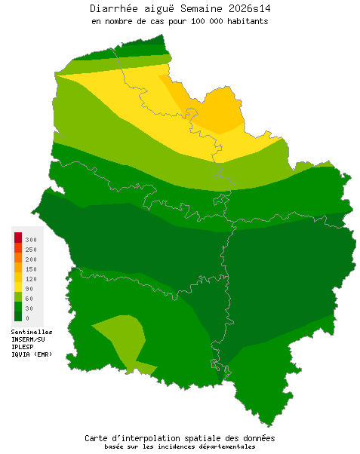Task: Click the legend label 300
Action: click(x=31, y=240)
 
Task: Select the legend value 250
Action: click(x=31, y=250)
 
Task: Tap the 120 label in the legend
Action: click(x=31, y=279)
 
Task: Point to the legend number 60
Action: click(x=29, y=299)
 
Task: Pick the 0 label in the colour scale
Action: click(x=27, y=318)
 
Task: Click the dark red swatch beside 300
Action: click(x=17, y=238)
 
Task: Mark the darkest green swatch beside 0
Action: click(x=17, y=316)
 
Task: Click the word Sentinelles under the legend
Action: click(x=32, y=332)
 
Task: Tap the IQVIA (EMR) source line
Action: click(x=32, y=354)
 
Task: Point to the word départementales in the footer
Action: click(x=223, y=446)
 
